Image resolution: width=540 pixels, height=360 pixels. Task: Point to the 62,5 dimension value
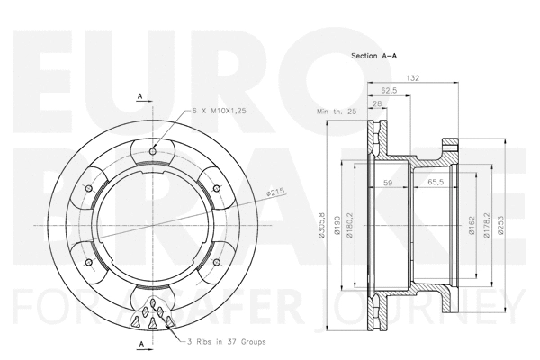pos(390,91)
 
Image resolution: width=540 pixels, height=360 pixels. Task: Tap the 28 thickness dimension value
pos(376,103)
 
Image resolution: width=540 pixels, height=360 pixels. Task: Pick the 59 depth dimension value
pos(389,183)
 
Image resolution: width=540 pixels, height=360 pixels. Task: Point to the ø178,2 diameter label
pos(487,226)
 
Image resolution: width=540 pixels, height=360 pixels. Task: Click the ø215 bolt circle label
pos(275,192)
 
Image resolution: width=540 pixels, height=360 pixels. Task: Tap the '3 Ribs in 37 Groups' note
pos(228,342)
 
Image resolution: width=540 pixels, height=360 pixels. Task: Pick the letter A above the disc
pos(139,94)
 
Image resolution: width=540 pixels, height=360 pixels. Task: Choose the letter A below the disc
pos(139,344)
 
